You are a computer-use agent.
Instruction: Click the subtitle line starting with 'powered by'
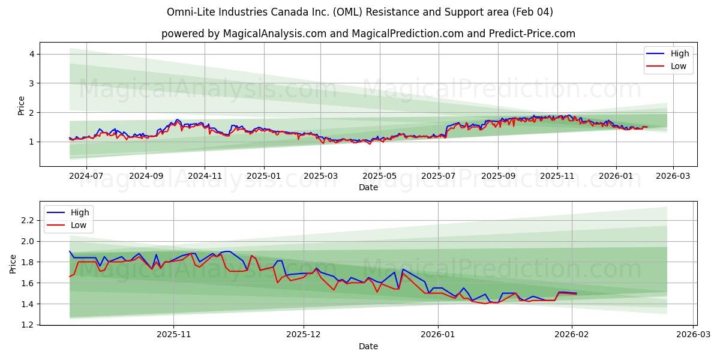tap(368, 34)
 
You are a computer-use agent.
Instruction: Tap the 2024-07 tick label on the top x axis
tap(86, 176)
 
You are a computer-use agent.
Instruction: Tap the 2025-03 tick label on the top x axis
tap(320, 176)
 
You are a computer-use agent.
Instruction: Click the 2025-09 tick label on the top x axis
tap(498, 176)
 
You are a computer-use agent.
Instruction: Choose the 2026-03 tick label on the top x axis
tap(673, 176)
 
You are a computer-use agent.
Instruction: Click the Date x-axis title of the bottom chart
tap(368, 346)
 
